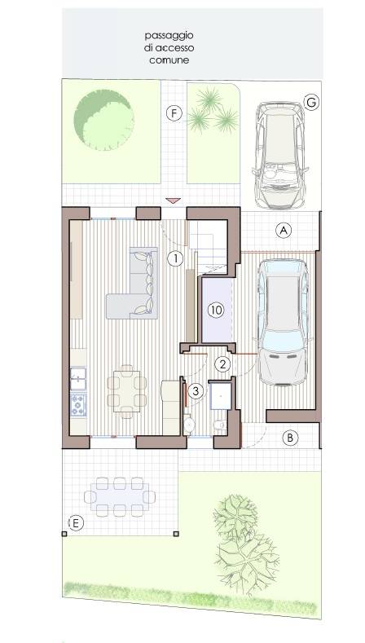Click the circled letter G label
coord(311,103)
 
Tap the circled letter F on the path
coord(174,113)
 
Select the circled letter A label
coord(283,231)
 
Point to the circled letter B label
coord(290,438)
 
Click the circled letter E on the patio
coord(76,523)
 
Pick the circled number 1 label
coord(175,258)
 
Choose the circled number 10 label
coord(216,310)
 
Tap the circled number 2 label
coord(222,364)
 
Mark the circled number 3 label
coord(196,391)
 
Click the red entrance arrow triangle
coord(173,200)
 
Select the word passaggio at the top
coord(169,36)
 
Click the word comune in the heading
coord(169,60)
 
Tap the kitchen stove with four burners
coord(78,405)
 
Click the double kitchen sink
coord(78,378)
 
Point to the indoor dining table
coord(127,391)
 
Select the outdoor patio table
coord(121,496)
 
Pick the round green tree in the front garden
coord(103,120)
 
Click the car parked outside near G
coord(279,155)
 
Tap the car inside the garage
coord(283,322)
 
